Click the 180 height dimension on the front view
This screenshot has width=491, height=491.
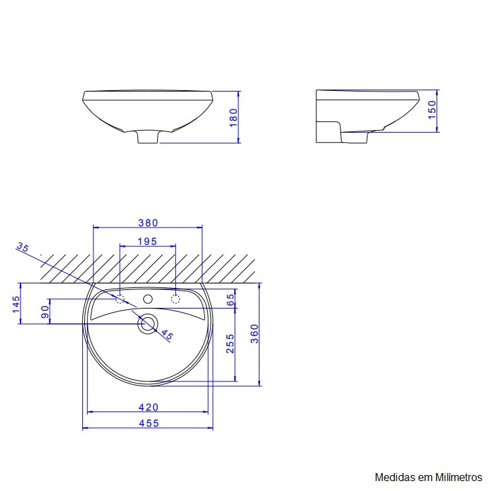click(233, 116)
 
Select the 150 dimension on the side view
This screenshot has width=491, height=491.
click(432, 109)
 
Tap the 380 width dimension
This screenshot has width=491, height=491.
click(147, 223)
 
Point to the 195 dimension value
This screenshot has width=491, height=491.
click(147, 242)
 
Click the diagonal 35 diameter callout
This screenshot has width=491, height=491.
click(23, 248)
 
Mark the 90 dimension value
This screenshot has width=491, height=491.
click(45, 312)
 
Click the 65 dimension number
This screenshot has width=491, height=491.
click(230, 299)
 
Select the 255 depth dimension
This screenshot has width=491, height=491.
click(230, 343)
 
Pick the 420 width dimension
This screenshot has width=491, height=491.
click(147, 407)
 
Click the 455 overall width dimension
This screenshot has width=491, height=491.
click(147, 423)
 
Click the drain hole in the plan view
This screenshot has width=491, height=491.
click(147, 324)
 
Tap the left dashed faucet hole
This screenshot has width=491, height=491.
click(120, 299)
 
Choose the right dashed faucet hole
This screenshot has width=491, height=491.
click(175, 299)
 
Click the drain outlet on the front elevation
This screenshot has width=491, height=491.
click(148, 137)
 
